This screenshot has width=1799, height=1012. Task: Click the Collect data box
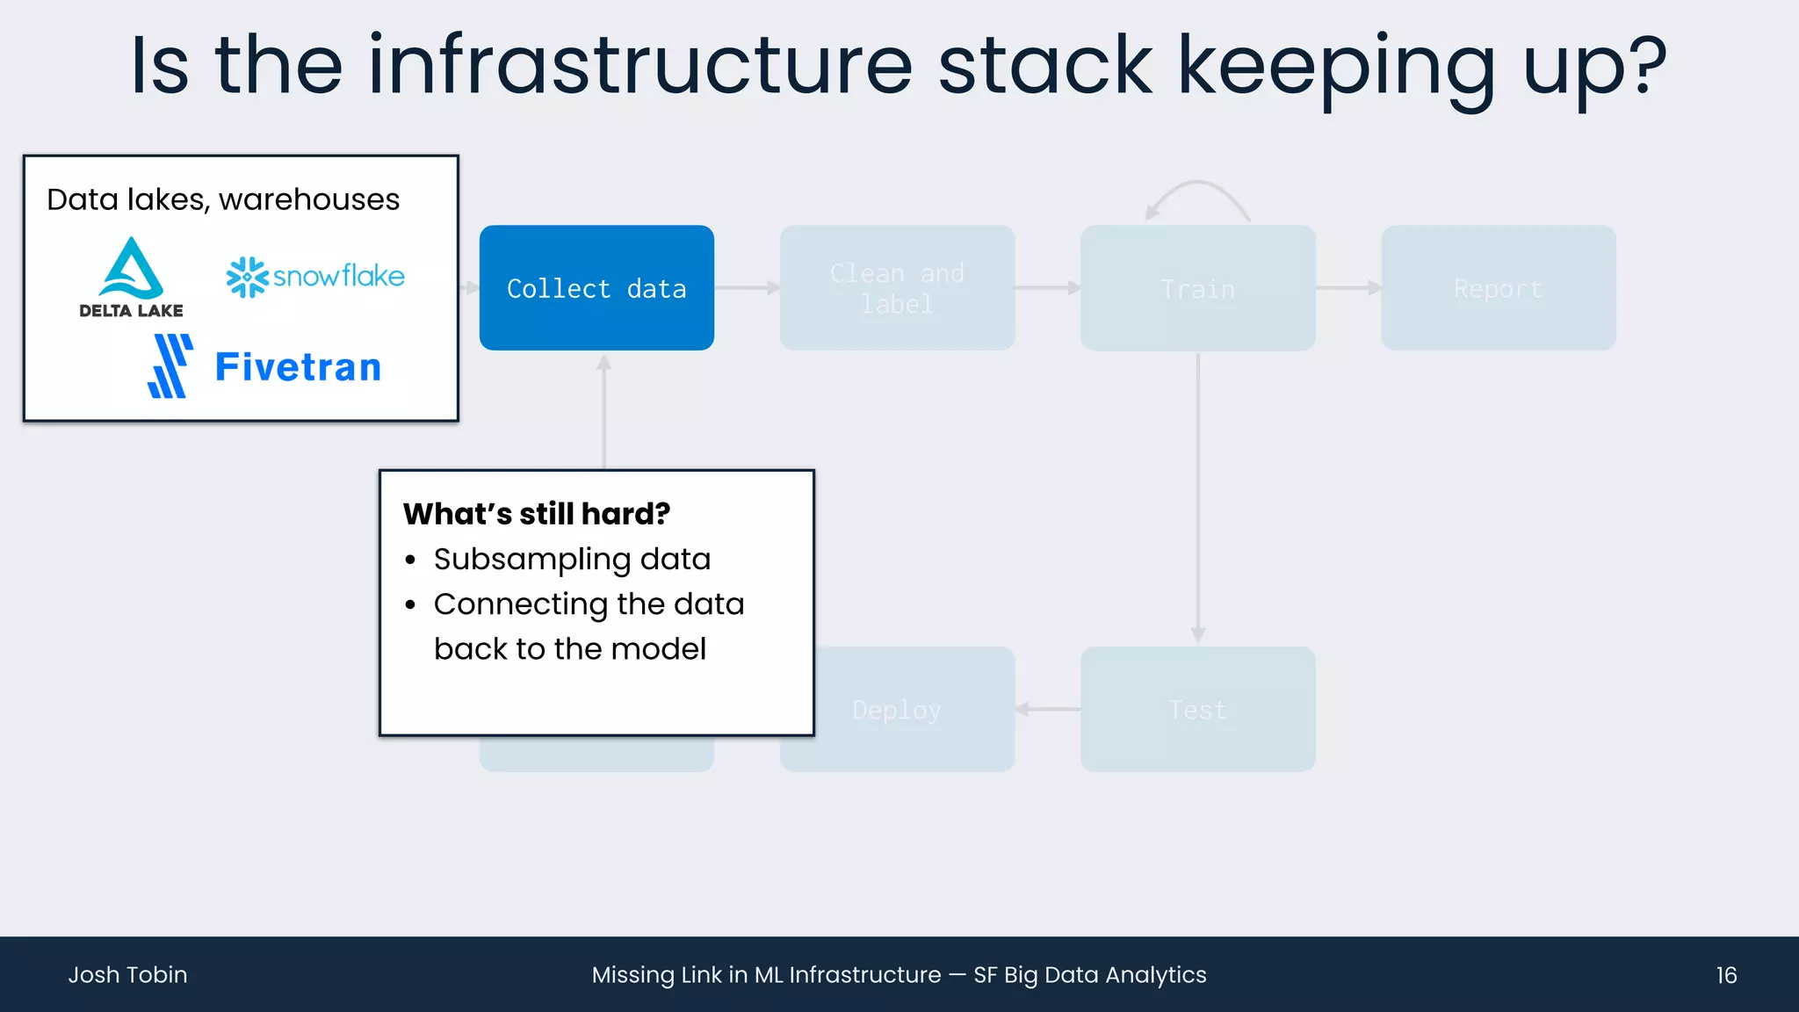coord(596,288)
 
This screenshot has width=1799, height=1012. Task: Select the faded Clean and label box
coord(897,288)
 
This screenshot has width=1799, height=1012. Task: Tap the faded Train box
coord(1197,288)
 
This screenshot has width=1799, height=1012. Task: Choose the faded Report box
coord(1498,288)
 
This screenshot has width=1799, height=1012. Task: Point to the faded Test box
coord(1197,710)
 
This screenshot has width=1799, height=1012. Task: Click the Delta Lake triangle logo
coord(131,269)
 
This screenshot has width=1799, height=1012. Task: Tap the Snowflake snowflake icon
coord(247,277)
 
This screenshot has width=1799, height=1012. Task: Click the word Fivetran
coord(298,367)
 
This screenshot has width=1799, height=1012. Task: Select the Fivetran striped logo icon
coord(170,366)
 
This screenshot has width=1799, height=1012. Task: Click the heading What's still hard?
coord(536,514)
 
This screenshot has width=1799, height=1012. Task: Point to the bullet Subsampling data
coord(572,560)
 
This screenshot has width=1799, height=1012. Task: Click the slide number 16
coord(1726,975)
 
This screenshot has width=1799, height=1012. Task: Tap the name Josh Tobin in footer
coord(127,975)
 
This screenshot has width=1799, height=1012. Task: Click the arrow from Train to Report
coord(1348,288)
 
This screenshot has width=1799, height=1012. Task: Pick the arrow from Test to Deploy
coord(1048,709)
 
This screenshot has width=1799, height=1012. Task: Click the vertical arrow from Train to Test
coord(1198,496)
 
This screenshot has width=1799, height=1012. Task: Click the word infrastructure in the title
coord(640,66)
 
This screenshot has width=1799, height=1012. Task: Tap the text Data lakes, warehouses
coord(223,199)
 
